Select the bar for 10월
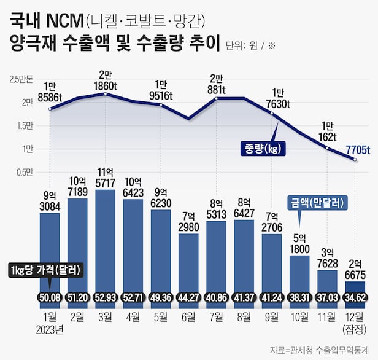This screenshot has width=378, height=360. (299, 273)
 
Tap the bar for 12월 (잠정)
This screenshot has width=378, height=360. (355, 289)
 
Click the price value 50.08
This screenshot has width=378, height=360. (50, 298)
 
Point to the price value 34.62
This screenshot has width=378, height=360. (355, 298)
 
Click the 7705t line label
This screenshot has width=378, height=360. (356, 150)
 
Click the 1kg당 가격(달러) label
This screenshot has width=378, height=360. (47, 271)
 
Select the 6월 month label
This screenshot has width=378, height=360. (188, 318)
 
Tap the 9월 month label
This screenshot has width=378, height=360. (272, 318)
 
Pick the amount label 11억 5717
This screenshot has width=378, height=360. (106, 176)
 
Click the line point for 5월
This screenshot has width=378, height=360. (161, 104)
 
